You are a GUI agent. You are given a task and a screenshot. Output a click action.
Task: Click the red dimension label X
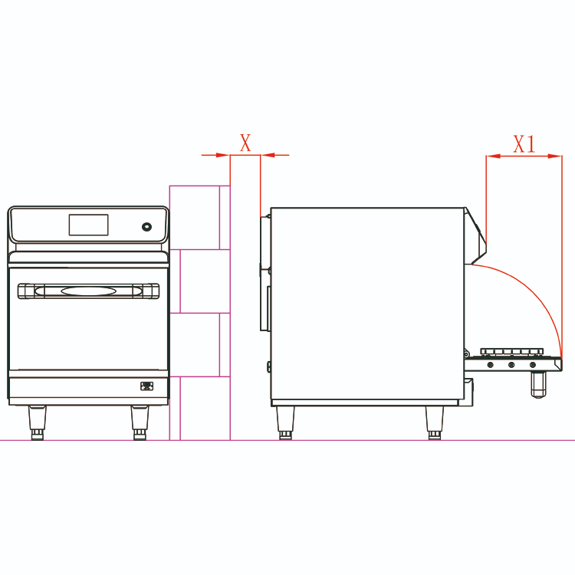(x=245, y=143)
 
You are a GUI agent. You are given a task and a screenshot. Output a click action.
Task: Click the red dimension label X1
(x=524, y=144)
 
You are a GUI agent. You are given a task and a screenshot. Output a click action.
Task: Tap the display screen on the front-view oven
(x=88, y=225)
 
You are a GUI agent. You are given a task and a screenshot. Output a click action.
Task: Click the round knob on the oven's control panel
(x=146, y=227)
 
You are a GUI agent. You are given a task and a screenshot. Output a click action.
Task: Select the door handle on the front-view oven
(x=88, y=291)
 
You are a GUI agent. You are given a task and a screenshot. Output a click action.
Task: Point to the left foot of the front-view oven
(x=38, y=422)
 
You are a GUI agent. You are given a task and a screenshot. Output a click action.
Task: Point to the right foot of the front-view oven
(x=140, y=422)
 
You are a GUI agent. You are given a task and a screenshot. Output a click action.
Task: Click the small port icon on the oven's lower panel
(x=146, y=386)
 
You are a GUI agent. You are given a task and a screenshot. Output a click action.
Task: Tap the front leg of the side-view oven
(x=435, y=422)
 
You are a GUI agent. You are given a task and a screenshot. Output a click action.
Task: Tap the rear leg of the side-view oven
(x=285, y=422)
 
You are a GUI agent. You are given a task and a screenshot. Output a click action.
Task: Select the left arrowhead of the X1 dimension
(x=493, y=156)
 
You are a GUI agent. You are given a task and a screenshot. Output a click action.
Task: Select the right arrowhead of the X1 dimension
(x=555, y=156)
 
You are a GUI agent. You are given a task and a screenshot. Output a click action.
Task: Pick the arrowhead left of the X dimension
(x=223, y=155)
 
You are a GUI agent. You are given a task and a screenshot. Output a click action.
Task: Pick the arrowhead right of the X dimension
(x=268, y=155)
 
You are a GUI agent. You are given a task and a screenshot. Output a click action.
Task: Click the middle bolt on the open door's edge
(x=511, y=365)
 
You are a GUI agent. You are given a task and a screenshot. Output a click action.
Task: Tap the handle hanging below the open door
(x=538, y=384)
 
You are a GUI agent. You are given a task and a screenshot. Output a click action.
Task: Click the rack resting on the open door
(x=511, y=353)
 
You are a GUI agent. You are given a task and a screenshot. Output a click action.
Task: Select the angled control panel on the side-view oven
(x=475, y=235)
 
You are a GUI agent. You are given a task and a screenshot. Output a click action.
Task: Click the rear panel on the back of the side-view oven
(x=265, y=273)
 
